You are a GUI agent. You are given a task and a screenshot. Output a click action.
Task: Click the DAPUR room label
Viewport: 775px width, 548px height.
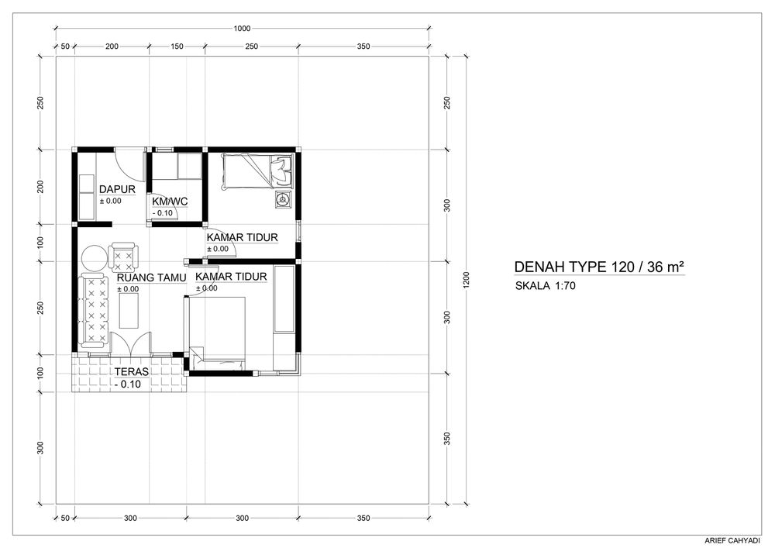click(x=117, y=189)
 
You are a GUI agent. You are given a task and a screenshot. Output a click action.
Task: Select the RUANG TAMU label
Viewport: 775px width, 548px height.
click(x=151, y=278)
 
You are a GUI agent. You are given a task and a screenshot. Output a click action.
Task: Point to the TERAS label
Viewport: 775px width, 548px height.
click(x=132, y=372)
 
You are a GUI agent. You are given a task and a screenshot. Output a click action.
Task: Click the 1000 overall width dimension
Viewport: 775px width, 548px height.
click(x=242, y=28)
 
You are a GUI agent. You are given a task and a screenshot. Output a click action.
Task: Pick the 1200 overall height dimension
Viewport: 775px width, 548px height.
click(x=467, y=280)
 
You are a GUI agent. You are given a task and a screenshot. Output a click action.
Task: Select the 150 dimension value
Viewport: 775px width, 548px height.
click(x=177, y=47)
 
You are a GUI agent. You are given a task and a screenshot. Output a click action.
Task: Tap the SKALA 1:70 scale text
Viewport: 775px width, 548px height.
click(x=545, y=285)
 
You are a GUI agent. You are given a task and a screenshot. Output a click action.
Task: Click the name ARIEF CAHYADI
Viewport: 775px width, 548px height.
click(x=733, y=540)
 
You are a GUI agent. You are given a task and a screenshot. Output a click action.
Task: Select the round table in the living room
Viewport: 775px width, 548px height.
click(x=94, y=258)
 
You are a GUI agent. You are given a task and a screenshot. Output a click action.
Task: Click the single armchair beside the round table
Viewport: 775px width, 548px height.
click(x=123, y=256)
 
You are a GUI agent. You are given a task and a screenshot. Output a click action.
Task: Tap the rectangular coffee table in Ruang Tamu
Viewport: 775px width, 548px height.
click(x=129, y=311)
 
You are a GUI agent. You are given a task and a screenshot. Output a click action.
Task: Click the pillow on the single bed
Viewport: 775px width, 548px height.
click(x=281, y=169)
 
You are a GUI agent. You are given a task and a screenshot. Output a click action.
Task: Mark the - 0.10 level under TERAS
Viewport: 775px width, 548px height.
click(x=128, y=384)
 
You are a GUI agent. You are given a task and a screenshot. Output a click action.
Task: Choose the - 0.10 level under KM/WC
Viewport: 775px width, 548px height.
click(x=163, y=213)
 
